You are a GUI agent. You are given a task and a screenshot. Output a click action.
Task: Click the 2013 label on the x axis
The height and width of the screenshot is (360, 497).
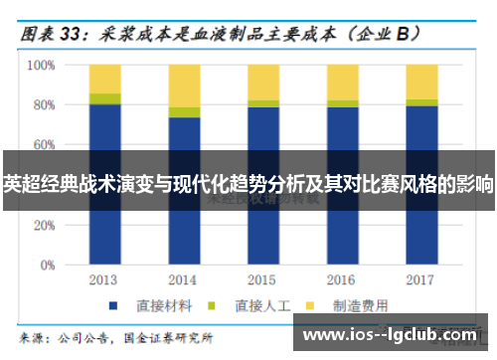pos(104,279)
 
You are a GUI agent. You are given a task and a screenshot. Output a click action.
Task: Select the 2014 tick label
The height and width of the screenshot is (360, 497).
pos(184,279)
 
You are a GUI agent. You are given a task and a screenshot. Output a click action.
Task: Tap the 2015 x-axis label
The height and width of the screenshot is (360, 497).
pos(263,279)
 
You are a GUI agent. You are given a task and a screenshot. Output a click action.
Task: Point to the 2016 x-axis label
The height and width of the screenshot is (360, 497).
pos(343,279)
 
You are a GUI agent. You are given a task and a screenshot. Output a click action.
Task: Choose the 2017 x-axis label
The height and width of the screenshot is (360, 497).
pos(421,279)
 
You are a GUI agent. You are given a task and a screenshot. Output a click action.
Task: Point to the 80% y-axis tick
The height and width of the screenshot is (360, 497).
pos(43,105)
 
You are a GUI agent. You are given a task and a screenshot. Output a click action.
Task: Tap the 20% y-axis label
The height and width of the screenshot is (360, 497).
pos(43,227)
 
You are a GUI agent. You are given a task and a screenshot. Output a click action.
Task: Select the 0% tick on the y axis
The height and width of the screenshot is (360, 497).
pos(46,267)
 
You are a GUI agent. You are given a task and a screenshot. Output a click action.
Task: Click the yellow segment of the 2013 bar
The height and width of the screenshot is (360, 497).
pos(104,79)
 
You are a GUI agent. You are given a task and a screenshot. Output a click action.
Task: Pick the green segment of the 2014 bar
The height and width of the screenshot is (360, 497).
pos(184,111)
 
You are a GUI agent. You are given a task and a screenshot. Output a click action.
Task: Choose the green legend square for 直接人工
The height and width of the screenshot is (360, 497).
pos(212,304)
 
